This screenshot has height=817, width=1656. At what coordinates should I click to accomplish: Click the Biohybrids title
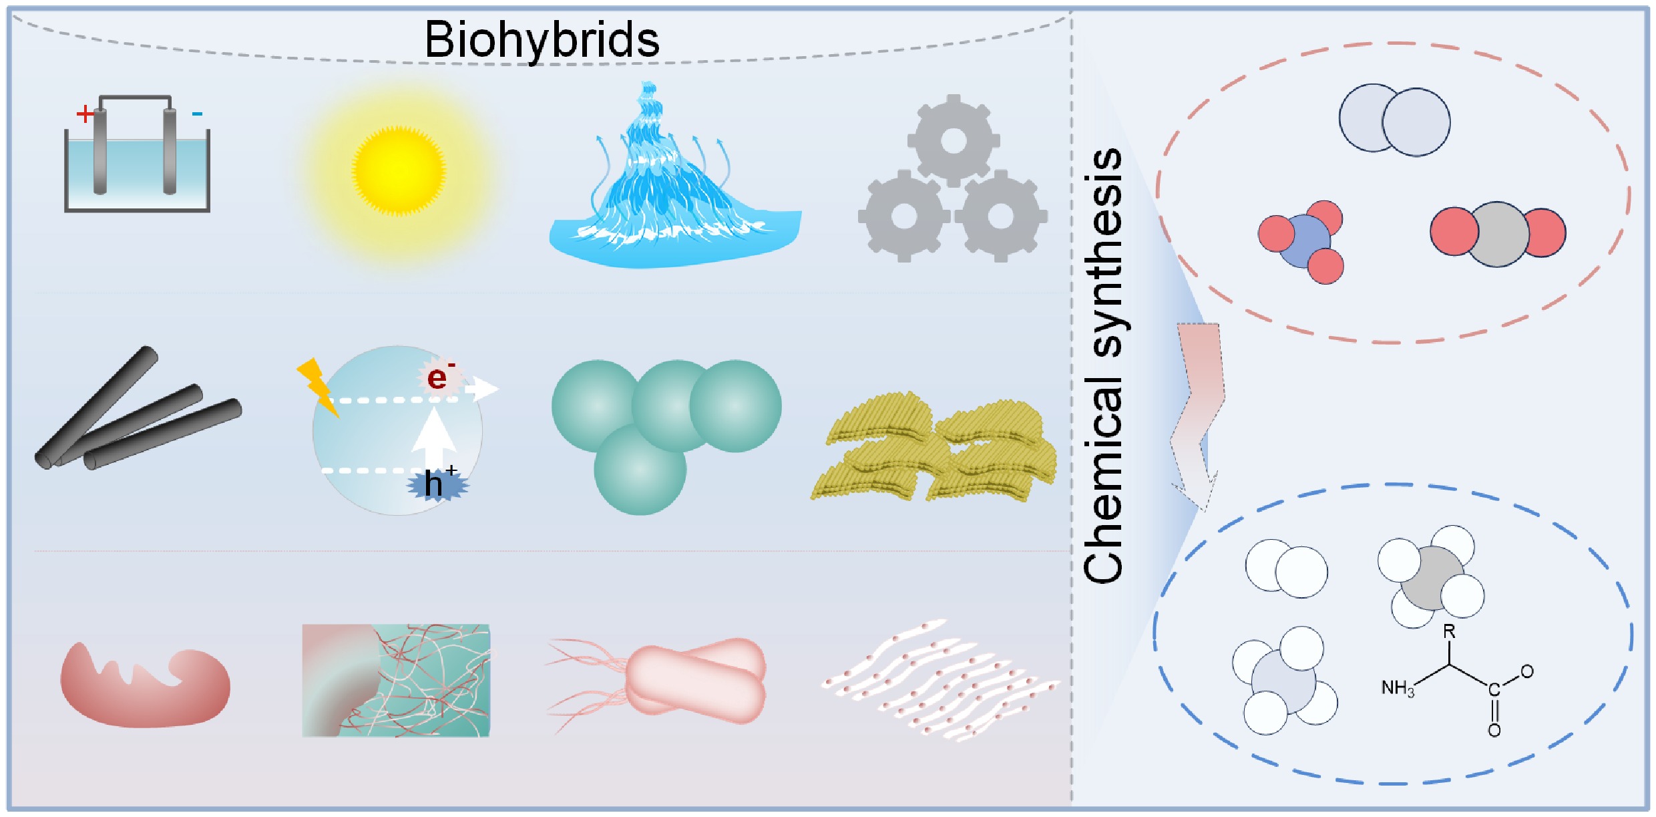click(x=542, y=40)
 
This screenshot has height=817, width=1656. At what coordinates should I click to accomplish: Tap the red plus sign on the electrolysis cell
click(x=85, y=114)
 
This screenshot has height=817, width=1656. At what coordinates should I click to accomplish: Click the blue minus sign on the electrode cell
click(x=197, y=114)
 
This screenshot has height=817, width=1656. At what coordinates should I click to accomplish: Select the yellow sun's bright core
click(x=399, y=170)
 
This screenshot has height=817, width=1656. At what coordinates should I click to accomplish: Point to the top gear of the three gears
click(x=954, y=140)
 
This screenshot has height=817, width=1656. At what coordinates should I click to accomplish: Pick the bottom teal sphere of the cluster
click(x=640, y=470)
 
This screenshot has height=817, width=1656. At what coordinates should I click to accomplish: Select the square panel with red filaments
click(x=396, y=681)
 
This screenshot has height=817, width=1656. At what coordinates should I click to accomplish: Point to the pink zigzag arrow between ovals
click(x=1199, y=414)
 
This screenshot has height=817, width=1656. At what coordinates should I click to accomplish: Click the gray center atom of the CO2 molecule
click(x=1498, y=234)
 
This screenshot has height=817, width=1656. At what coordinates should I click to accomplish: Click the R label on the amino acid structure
click(x=1449, y=632)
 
